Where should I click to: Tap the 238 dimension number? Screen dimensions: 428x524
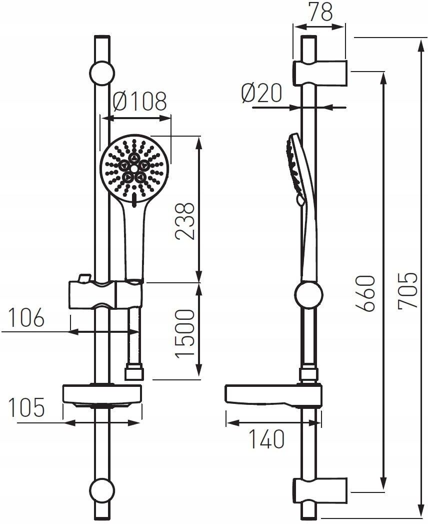pyautogui.click(x=185, y=221)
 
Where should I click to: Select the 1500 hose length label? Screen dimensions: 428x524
pyautogui.click(x=185, y=333)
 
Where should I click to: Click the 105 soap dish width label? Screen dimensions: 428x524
pyautogui.click(x=26, y=407)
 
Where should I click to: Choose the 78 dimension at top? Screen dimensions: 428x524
pyautogui.click(x=320, y=12)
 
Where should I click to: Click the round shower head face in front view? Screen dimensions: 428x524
pyautogui.click(x=134, y=169)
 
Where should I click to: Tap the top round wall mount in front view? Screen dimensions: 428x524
pyautogui.click(x=102, y=74)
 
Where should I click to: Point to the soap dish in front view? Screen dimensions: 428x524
pyautogui.click(x=102, y=396)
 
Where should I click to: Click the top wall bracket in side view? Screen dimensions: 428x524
pyautogui.click(x=320, y=73)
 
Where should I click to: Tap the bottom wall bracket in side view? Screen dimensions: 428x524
pyautogui.click(x=320, y=490)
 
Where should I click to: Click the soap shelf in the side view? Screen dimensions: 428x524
pyautogui.click(x=274, y=396)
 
